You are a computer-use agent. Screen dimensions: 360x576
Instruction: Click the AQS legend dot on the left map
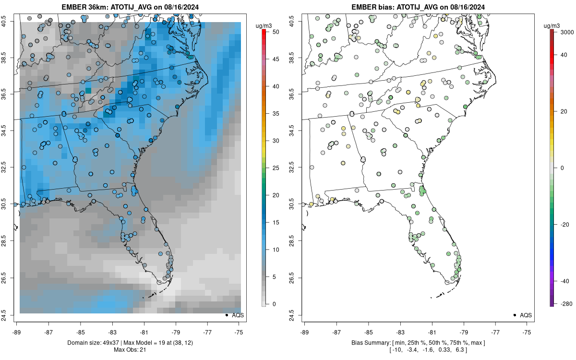pyautogui.click(x=226, y=315)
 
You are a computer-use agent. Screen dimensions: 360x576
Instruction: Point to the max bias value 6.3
pyautogui.click(x=459, y=349)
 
